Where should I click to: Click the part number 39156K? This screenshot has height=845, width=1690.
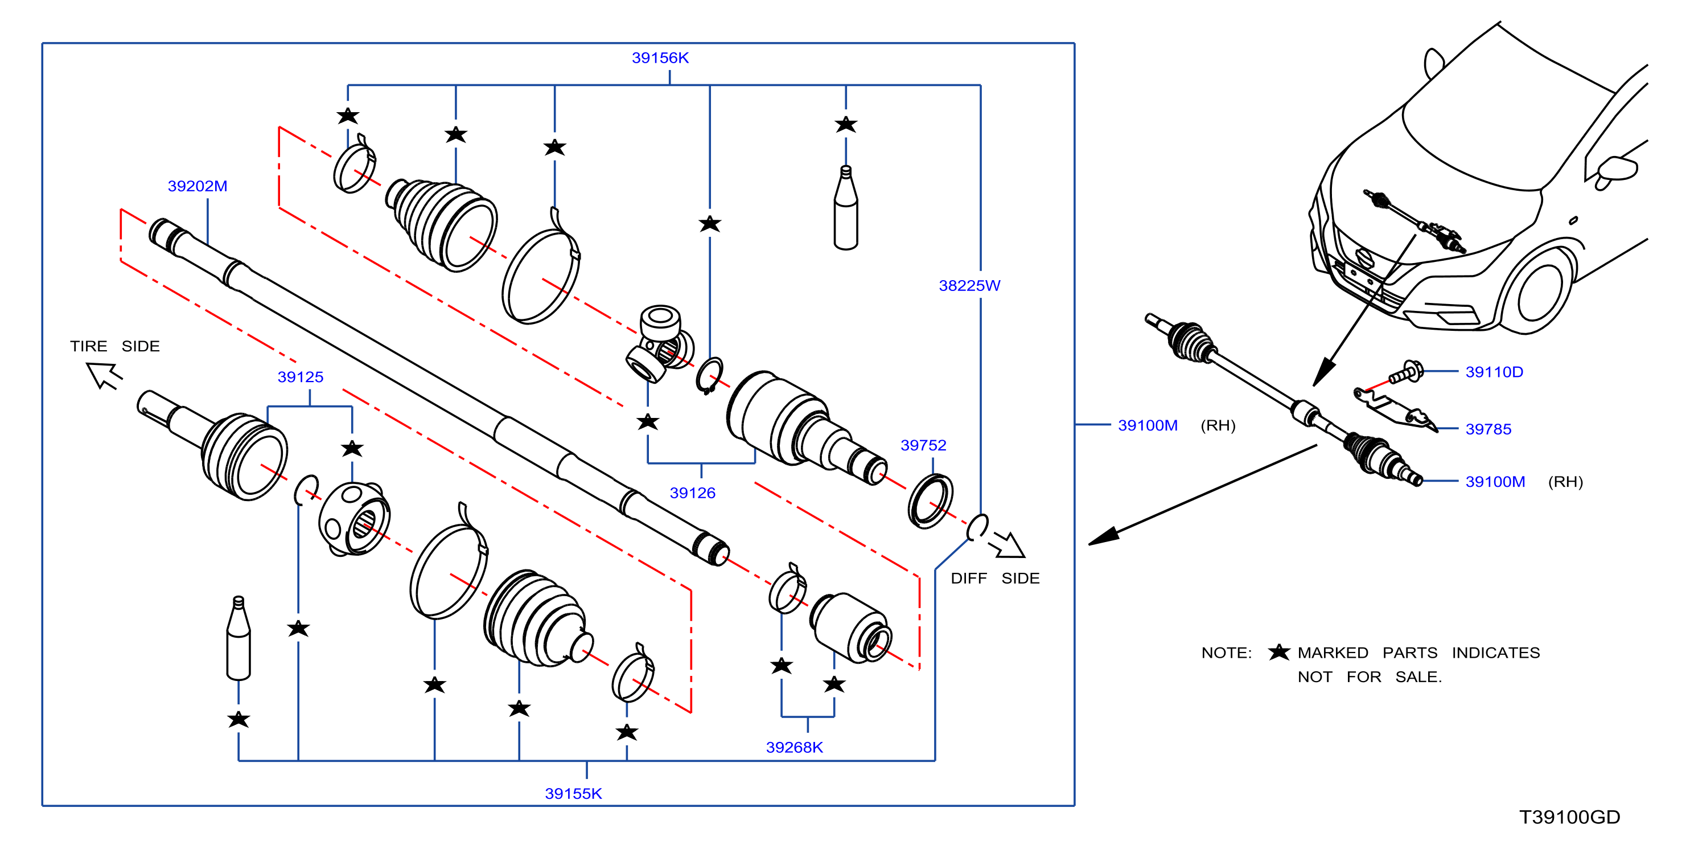pos(660,58)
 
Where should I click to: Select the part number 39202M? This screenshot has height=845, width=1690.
pos(198,186)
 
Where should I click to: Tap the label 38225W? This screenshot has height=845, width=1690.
pos(969,286)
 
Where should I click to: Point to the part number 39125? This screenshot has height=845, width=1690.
pos(301,377)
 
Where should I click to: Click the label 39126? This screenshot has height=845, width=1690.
pos(692,493)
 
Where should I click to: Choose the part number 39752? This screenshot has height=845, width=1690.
pos(923,445)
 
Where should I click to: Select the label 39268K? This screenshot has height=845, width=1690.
pos(795,747)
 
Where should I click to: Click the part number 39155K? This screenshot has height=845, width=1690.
pos(573,794)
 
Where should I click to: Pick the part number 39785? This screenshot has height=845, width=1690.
pos(1488,429)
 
